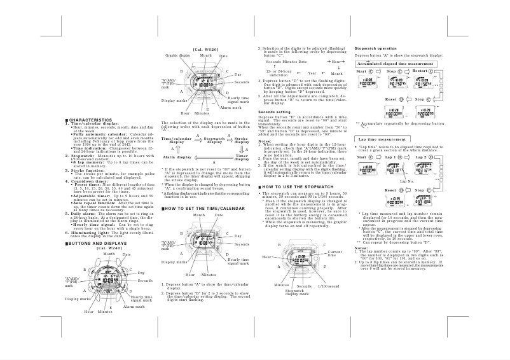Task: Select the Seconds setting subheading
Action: coord(273,112)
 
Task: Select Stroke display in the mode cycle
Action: coord(242,139)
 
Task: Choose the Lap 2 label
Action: coord(421,157)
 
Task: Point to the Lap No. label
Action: coord(408,181)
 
